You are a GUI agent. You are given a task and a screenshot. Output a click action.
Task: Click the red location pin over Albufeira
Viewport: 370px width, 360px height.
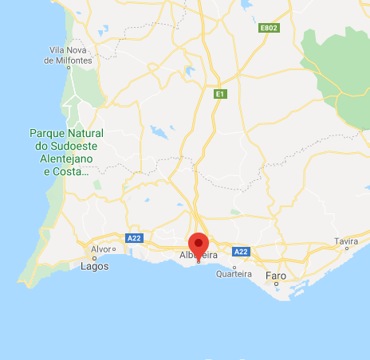click(199, 244)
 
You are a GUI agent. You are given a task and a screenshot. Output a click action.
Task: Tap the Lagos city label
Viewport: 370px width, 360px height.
click(95, 267)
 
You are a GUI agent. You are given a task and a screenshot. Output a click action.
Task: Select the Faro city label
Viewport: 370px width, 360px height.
click(275, 276)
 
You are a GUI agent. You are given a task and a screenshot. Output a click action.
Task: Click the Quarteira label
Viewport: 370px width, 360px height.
click(234, 274)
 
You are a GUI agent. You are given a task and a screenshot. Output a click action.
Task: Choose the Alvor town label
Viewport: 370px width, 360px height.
click(101, 248)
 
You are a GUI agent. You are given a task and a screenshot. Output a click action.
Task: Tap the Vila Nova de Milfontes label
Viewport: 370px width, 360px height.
click(70, 55)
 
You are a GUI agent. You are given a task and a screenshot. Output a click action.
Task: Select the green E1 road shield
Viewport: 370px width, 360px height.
click(220, 94)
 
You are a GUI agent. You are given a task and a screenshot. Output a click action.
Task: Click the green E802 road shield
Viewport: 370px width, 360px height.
click(269, 28)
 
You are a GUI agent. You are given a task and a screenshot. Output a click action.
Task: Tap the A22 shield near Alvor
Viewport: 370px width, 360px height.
click(133, 238)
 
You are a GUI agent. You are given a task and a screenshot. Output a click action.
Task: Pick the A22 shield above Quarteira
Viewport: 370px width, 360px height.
click(241, 252)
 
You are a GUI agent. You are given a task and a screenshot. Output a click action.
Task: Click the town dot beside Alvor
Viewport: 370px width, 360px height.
click(115, 248)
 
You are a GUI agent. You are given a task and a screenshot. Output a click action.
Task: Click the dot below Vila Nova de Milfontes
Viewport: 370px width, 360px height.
click(69, 68)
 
